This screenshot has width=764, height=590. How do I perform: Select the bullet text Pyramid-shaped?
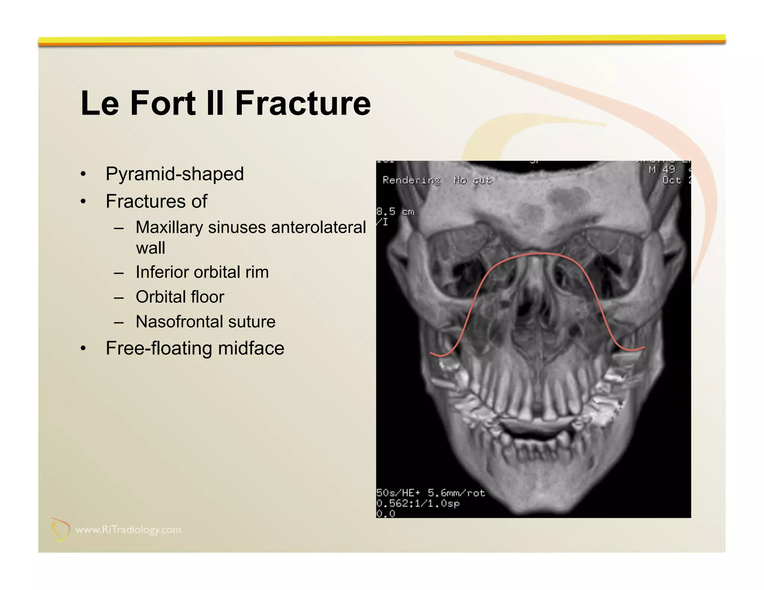175,174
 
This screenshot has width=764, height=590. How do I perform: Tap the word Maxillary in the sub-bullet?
169,227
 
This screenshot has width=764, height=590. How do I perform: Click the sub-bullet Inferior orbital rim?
202,272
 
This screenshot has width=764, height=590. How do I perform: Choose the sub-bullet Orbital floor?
180,297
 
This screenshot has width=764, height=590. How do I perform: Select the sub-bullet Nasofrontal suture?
206,321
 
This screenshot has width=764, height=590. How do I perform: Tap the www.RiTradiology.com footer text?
128,530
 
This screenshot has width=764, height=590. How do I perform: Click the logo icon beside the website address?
60,529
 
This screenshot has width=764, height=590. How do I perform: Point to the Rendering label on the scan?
411,181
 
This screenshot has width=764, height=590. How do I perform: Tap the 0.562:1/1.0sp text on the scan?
418,503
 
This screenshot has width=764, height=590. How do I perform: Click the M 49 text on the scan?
662,170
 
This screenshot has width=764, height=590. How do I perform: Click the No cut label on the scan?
473,181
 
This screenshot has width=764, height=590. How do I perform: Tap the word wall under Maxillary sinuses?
150,248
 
